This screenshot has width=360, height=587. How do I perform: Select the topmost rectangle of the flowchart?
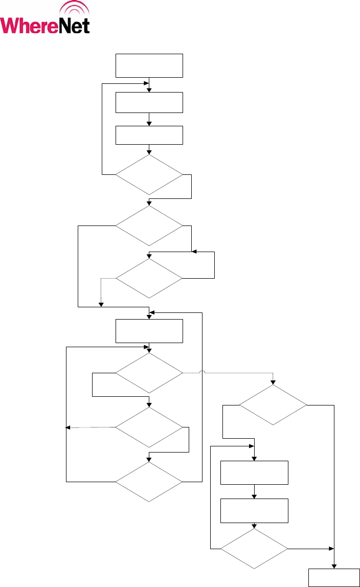(149, 65)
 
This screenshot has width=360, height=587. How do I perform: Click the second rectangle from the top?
(149, 102)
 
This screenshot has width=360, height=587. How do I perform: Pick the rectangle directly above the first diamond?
(149, 135)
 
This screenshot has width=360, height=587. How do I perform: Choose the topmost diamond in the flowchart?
(149, 175)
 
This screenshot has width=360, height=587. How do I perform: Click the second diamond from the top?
(149, 225)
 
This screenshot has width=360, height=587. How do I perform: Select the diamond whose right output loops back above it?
(149, 279)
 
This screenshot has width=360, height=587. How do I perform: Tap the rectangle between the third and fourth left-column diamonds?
(149, 331)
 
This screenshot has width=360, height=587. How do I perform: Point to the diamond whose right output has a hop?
(149, 374)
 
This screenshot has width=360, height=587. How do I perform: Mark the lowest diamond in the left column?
(149, 482)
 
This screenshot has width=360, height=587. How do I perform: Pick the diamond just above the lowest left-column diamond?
(149, 426)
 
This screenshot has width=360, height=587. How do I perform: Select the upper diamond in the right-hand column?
(273, 405)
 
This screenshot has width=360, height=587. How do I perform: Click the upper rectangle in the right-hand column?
(254, 472)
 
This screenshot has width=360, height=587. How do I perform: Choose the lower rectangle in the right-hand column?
(254, 510)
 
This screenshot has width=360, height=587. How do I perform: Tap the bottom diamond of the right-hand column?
(254, 549)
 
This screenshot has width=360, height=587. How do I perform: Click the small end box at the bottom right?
(334, 577)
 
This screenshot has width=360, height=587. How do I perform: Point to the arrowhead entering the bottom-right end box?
(334, 566)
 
